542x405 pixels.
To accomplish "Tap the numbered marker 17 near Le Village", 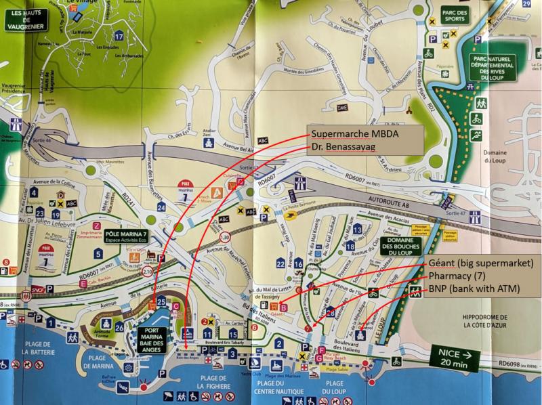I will click(119, 36).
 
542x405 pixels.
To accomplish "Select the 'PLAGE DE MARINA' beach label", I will click(102, 362).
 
